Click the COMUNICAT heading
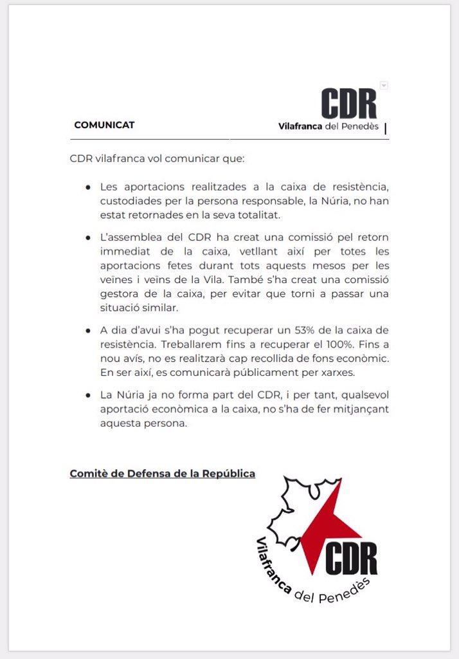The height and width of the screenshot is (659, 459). click(x=104, y=125)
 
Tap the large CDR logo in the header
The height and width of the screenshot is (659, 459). click(x=348, y=103)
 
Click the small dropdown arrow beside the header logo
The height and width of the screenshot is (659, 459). click(x=384, y=85)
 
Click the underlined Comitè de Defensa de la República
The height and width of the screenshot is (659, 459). click(x=162, y=474)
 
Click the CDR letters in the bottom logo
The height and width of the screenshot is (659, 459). click(x=350, y=557)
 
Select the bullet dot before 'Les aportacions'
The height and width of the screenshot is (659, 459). click(x=87, y=187)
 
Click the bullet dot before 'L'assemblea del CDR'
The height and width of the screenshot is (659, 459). click(x=87, y=238)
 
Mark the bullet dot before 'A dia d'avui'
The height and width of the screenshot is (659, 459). click(x=87, y=330)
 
